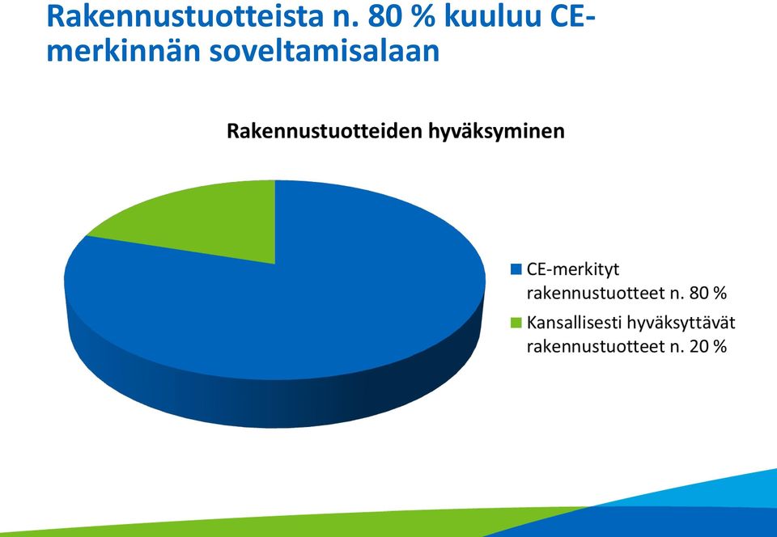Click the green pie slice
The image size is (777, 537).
click(208, 222)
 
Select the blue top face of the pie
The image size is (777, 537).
click(297, 307)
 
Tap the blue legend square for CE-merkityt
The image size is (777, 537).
click(516, 269)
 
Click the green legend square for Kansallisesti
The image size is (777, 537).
click(516, 323)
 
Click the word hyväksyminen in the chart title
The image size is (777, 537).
click(495, 132)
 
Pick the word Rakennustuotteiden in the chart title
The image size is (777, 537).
click(324, 131)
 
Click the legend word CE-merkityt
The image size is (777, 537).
click(573, 269)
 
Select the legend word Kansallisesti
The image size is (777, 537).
click(574, 323)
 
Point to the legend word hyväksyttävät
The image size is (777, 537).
click(681, 323)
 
